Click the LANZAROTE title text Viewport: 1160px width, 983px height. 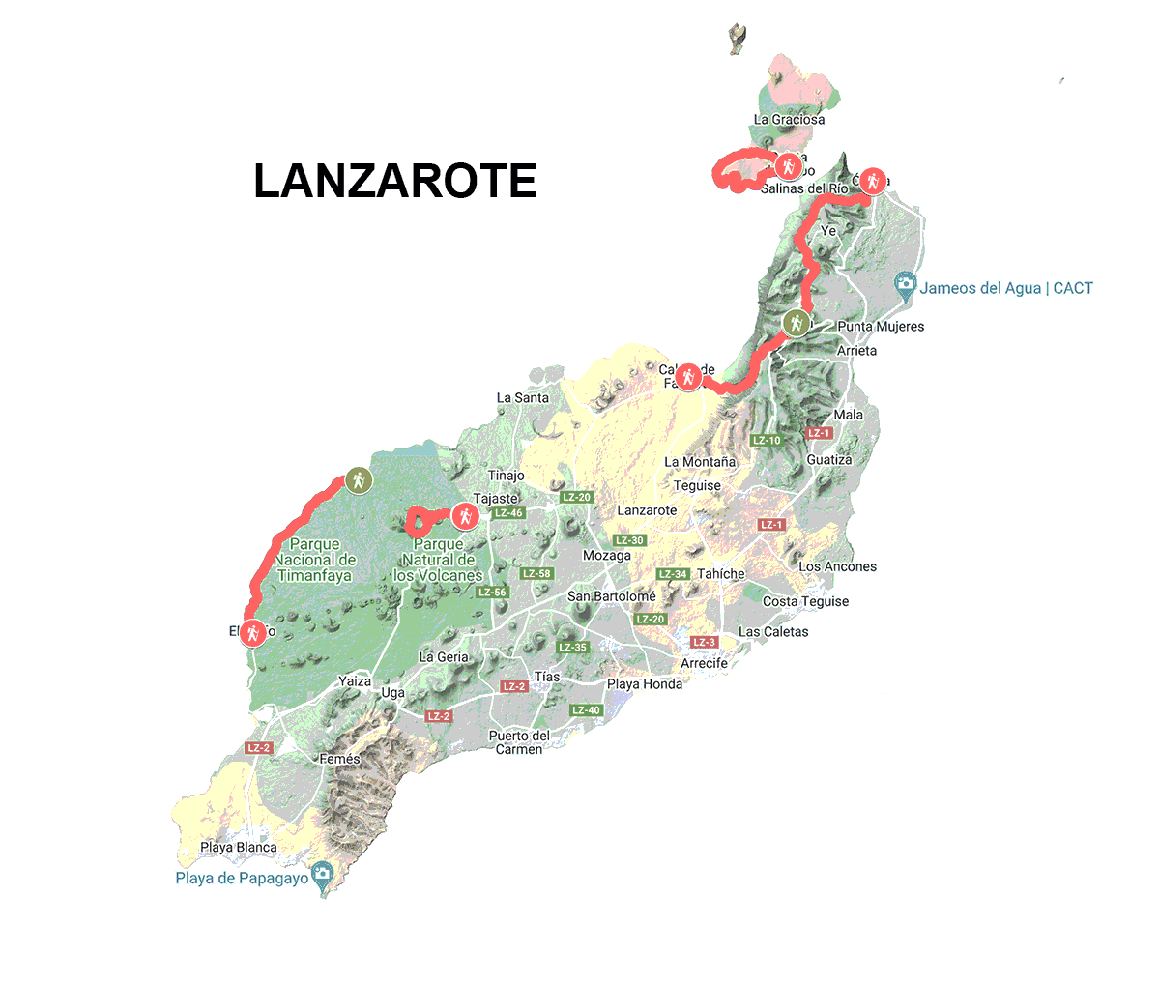coord(394,182)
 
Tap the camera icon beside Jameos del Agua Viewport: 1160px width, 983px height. coord(905,284)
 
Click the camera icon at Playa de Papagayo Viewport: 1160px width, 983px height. coord(322,875)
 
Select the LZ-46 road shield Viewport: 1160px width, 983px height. coord(508,513)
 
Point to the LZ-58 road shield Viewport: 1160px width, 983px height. coord(536,574)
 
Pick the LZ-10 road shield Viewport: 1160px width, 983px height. coord(767,441)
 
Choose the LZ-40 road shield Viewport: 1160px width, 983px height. coord(586,710)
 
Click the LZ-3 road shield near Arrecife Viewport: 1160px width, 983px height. coord(704,643)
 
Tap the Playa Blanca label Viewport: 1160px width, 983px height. coord(239,848)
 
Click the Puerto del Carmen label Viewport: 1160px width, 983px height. coord(519,742)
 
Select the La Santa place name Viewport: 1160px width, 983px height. coord(522,398)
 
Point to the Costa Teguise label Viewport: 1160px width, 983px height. coord(805,601)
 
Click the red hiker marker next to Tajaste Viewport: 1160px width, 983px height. coord(465,516)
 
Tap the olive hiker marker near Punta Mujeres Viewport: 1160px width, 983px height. coord(796,323)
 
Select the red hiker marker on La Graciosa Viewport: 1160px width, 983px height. coord(789,166)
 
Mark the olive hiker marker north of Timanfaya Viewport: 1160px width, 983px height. coord(359,479)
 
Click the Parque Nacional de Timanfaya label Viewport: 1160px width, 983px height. coord(315,560)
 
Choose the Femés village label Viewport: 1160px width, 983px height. coord(339,760)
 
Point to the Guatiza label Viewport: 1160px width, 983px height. coord(829,460)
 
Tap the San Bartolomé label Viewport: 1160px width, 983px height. coord(611,597)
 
